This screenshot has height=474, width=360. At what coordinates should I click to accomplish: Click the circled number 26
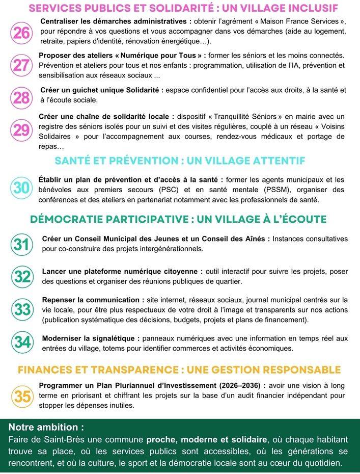(21, 33)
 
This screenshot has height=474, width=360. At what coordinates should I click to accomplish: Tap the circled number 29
(21, 130)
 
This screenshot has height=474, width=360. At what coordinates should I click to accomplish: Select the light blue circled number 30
(21, 188)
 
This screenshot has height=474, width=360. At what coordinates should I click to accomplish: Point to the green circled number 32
(22, 276)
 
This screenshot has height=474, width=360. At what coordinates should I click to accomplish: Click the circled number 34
(22, 342)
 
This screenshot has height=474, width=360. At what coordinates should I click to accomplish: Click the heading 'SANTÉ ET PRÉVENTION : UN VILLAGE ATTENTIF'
(180, 161)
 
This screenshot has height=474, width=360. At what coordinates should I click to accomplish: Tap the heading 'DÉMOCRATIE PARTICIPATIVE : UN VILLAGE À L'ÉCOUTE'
(178, 219)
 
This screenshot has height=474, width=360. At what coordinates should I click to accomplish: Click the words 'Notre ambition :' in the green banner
(46, 427)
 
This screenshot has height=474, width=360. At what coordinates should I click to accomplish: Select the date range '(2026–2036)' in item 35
(237, 385)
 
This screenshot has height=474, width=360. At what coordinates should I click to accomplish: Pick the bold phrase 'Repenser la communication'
(91, 300)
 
